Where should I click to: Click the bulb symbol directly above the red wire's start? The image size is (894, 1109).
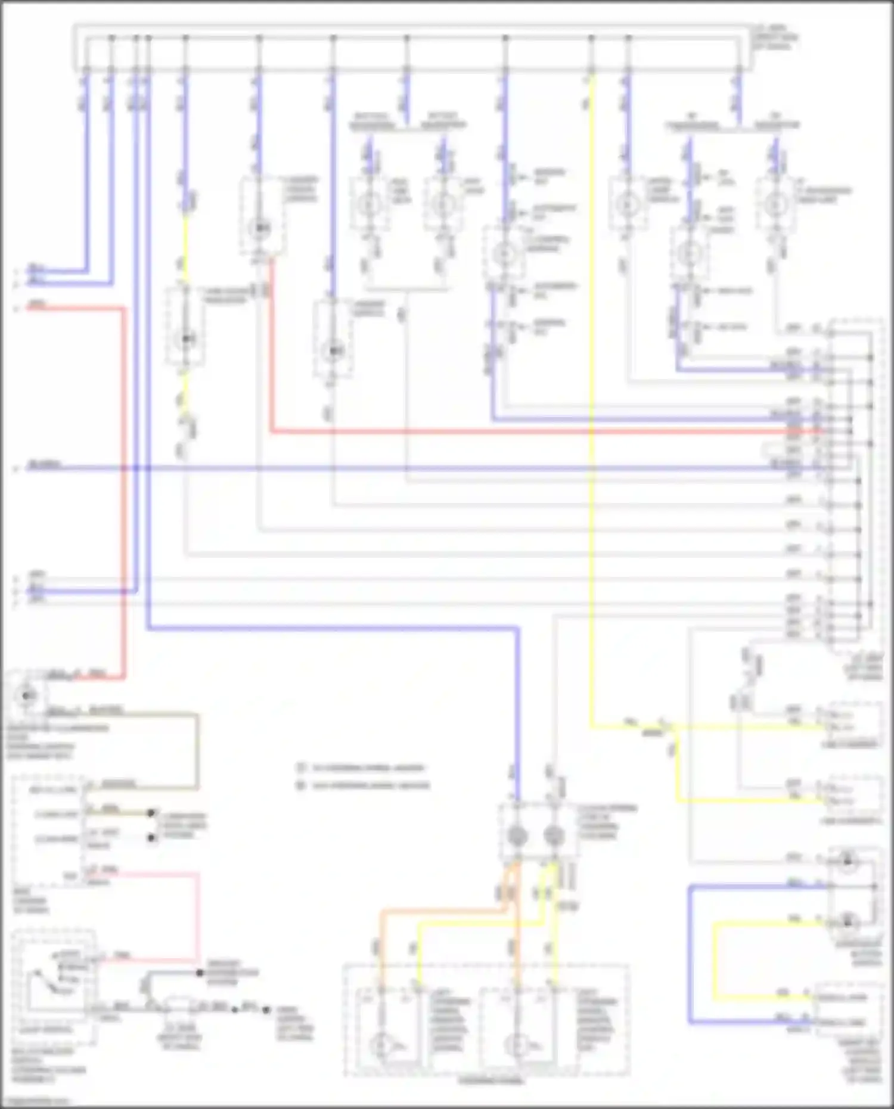pyautogui.click(x=260, y=228)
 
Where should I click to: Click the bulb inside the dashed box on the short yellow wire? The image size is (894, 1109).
pyautogui.click(x=185, y=339)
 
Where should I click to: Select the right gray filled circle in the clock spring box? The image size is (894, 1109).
pyautogui.click(x=554, y=836)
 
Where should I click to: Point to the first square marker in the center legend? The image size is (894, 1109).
pyautogui.click(x=302, y=768)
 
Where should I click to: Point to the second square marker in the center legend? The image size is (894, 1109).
pyautogui.click(x=302, y=785)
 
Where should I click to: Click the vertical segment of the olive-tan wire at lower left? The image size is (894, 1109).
pyautogui.click(x=197, y=751)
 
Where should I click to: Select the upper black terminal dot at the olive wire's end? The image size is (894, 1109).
pyautogui.click(x=151, y=813)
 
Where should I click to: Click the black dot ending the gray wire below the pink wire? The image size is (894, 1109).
pyautogui.click(x=200, y=973)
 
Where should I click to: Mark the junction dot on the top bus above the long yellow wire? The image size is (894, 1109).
pyautogui.click(x=592, y=38)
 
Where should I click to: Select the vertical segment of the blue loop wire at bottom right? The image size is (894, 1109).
pyautogui.click(x=690, y=953)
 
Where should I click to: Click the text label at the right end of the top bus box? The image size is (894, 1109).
pyautogui.click(x=775, y=37)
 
